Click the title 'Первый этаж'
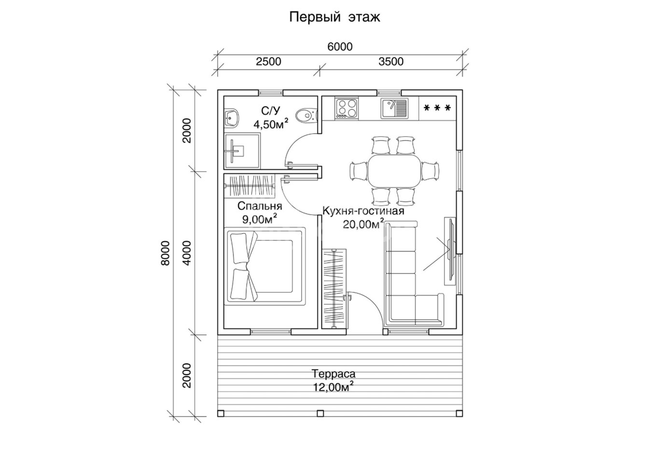tap(334, 17)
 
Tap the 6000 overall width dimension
tap(340, 47)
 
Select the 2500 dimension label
tap(268, 62)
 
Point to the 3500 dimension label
tap(391, 62)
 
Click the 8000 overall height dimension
tap(165, 253)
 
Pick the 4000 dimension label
tap(187, 253)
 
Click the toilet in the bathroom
tap(307, 114)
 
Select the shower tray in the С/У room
tap(242, 151)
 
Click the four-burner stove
tap(347, 109)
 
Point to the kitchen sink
tap(394, 109)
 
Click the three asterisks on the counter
tap(437, 108)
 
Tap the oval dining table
tap(394, 171)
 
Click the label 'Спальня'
tap(260, 206)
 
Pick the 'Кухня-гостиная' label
tap(363, 211)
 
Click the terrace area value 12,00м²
tap(333, 387)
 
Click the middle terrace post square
tap(320, 413)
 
